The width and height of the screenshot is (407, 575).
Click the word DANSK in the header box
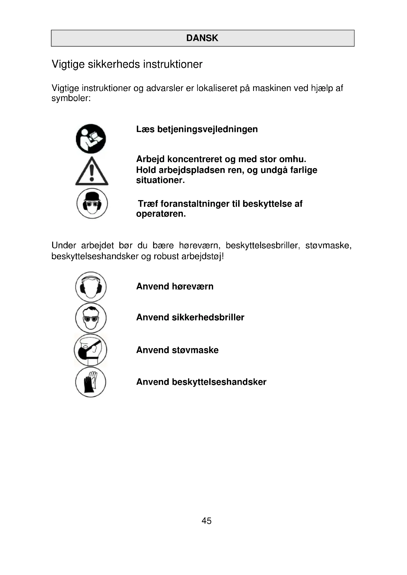202,38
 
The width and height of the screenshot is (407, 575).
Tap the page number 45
206,521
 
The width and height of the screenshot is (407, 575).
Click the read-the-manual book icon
91,139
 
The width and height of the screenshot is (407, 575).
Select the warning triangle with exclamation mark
92,172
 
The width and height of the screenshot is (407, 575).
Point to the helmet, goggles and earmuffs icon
92,203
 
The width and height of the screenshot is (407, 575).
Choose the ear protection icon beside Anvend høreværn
91,287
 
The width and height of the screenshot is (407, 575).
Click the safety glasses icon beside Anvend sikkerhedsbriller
91,318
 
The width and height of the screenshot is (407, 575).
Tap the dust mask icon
91,350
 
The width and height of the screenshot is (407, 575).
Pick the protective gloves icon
91,382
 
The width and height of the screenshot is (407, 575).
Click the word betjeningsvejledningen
207,130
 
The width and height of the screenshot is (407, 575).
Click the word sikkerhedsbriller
208,317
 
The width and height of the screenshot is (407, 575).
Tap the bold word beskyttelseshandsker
219,382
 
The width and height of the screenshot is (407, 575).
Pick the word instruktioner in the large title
173,64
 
